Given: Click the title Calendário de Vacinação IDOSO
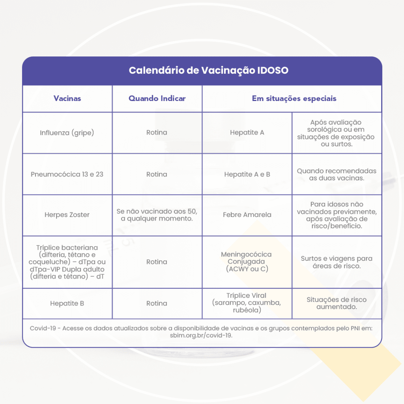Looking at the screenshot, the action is [x=208, y=70].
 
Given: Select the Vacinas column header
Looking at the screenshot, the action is [x=67, y=98].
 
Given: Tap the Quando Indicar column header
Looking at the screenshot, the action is [x=157, y=98].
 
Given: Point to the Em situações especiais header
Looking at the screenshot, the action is [x=294, y=99].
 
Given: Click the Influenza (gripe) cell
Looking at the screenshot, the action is [x=67, y=133].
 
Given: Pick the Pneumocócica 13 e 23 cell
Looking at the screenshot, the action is [x=67, y=174].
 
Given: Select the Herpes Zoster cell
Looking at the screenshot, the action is [x=67, y=215].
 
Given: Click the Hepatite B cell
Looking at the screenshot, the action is [x=67, y=303].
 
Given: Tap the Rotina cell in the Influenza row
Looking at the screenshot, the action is [x=157, y=133].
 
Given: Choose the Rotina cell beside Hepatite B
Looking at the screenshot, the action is [x=157, y=303].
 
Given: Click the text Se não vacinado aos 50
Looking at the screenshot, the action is [x=157, y=211].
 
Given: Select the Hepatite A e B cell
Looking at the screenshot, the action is [x=247, y=174].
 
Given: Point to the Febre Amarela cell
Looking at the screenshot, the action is [x=247, y=215].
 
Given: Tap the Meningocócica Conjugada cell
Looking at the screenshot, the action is [x=247, y=262].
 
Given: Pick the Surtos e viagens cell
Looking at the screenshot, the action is [x=337, y=262].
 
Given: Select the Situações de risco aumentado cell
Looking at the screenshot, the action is [x=337, y=303].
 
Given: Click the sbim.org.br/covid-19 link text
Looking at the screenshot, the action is [x=201, y=335].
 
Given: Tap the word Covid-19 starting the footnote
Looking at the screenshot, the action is [x=43, y=328].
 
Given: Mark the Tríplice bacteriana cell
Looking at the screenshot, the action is [x=67, y=262].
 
